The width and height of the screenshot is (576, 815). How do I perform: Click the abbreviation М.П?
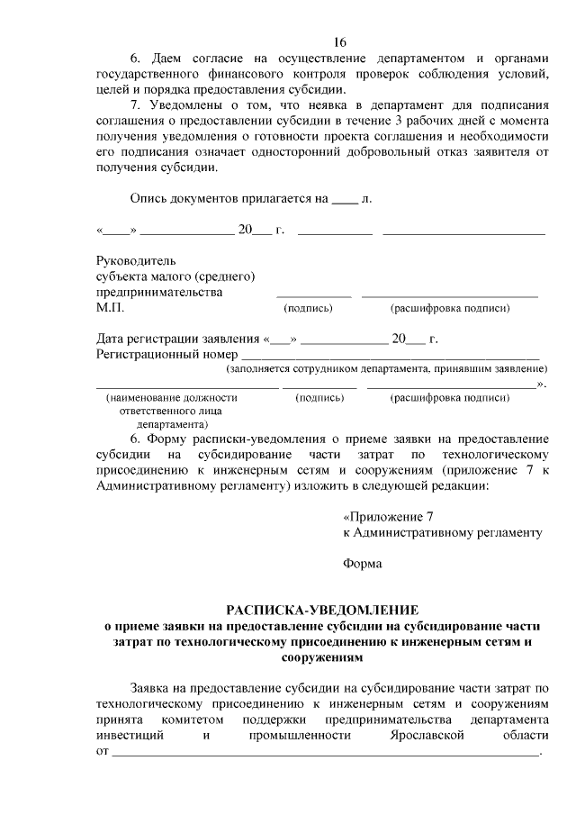pos(111,308)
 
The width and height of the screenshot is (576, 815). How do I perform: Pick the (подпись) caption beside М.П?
pos(308,309)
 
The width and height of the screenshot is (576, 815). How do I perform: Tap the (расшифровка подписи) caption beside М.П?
pos(449,309)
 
